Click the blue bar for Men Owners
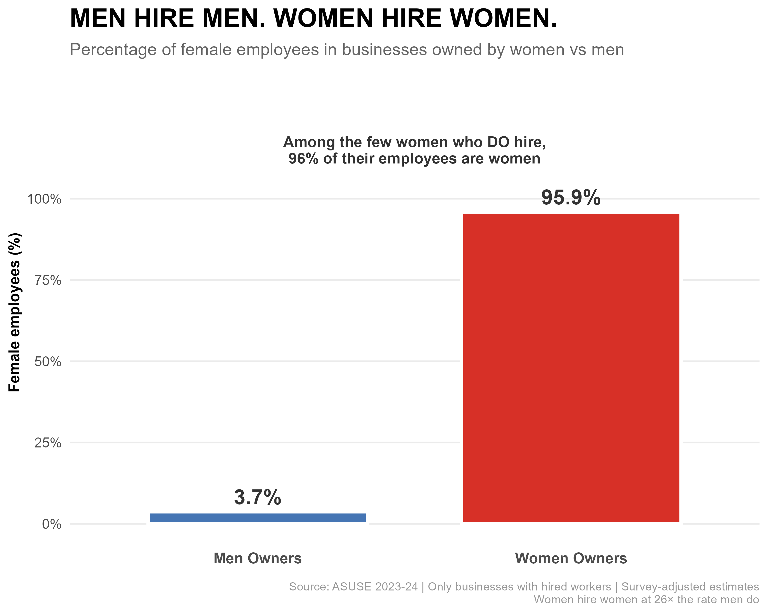[x=258, y=518]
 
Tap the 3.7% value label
[x=258, y=497]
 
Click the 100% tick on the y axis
[x=45, y=199]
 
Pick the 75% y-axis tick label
[x=48, y=280]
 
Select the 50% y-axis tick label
[x=48, y=362]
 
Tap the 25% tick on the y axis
[x=48, y=443]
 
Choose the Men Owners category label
[x=258, y=558]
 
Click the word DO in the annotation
[x=498, y=142]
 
